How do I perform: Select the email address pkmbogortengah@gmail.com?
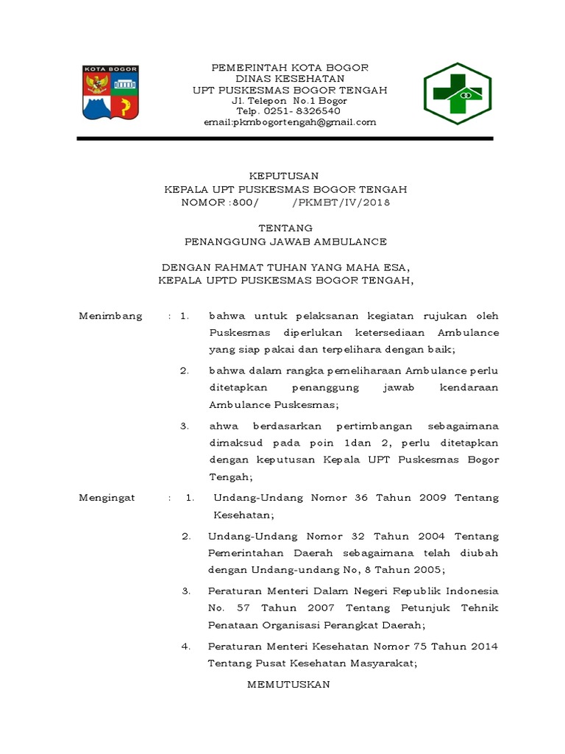coord(290,122)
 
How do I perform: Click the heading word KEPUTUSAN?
coord(283,175)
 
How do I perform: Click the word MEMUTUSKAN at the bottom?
coord(288,684)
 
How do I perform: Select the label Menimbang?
coord(110,316)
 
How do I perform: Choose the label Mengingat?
coord(107,498)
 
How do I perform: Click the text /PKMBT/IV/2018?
coord(341,202)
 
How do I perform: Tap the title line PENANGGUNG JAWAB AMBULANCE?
coord(285,242)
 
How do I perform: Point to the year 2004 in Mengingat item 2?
coord(423,535)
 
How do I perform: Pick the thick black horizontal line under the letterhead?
coord(285,138)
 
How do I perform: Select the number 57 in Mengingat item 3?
coord(247,608)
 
